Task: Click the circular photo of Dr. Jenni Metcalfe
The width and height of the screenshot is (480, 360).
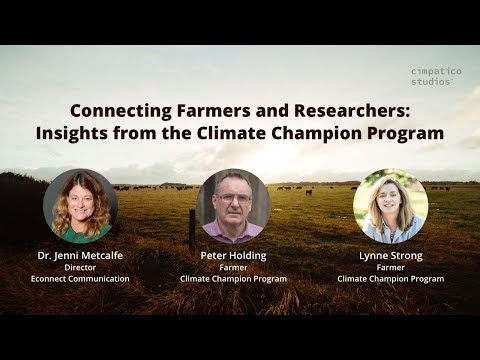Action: [x=80, y=207]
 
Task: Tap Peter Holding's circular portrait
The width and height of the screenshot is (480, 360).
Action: [x=233, y=206]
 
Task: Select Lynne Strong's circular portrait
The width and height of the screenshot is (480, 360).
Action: [x=391, y=206]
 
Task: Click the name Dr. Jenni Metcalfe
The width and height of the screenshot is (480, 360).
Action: [x=80, y=255]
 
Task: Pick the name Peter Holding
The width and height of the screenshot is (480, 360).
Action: [x=233, y=255]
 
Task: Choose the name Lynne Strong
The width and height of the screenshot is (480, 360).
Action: [x=391, y=255]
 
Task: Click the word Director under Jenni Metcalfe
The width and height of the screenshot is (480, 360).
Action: [x=80, y=267]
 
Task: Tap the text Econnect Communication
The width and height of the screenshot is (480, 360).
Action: [x=80, y=279]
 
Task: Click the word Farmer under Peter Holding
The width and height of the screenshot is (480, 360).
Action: [x=233, y=267]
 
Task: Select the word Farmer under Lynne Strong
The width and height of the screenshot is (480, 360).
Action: [x=391, y=267]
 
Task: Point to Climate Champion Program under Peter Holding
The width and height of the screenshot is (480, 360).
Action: [x=233, y=279]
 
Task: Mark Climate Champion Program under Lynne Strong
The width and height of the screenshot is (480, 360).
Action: [x=391, y=279]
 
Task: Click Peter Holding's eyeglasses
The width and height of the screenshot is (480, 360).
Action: [x=233, y=199]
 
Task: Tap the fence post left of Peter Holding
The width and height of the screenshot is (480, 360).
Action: [x=192, y=229]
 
